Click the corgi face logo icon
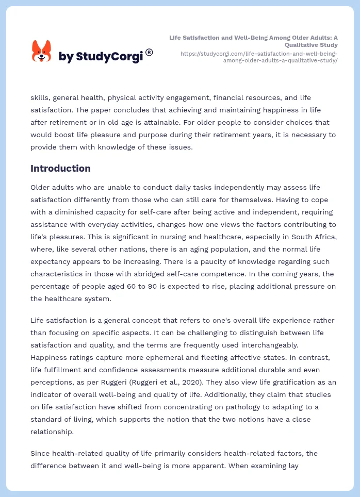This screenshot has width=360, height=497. coord(42,52)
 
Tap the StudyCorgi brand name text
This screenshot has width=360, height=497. coord(101,57)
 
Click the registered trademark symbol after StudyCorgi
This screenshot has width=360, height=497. coord(149,52)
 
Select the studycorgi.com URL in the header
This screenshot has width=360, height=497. coord(259,57)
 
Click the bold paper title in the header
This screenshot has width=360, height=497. coord(254,41)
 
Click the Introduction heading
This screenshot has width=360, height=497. coord(60,169)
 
